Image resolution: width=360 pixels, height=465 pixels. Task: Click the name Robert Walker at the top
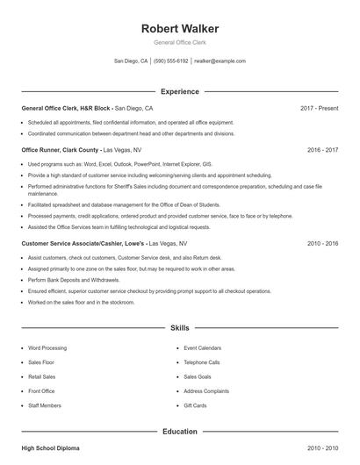180,28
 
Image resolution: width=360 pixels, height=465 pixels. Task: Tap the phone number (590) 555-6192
171,61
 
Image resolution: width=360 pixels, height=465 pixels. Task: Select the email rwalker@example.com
220,61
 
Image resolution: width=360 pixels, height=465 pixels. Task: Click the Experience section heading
180,91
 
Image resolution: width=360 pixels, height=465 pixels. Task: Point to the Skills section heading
180,327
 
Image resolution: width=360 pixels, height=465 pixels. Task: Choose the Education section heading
180,431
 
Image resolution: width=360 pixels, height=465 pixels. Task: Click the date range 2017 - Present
319,108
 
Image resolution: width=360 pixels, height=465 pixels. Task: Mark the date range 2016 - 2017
323,150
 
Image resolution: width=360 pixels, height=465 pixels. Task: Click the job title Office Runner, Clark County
60,150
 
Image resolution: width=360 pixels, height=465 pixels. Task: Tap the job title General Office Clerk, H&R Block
67,108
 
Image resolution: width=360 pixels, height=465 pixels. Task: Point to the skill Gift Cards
195,405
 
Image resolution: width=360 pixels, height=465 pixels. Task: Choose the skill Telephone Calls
202,362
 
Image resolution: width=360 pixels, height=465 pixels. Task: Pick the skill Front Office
41,391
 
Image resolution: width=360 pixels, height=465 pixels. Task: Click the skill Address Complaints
206,391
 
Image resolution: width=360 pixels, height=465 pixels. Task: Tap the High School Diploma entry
50,448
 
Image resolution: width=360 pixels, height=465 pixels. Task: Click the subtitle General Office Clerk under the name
180,43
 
